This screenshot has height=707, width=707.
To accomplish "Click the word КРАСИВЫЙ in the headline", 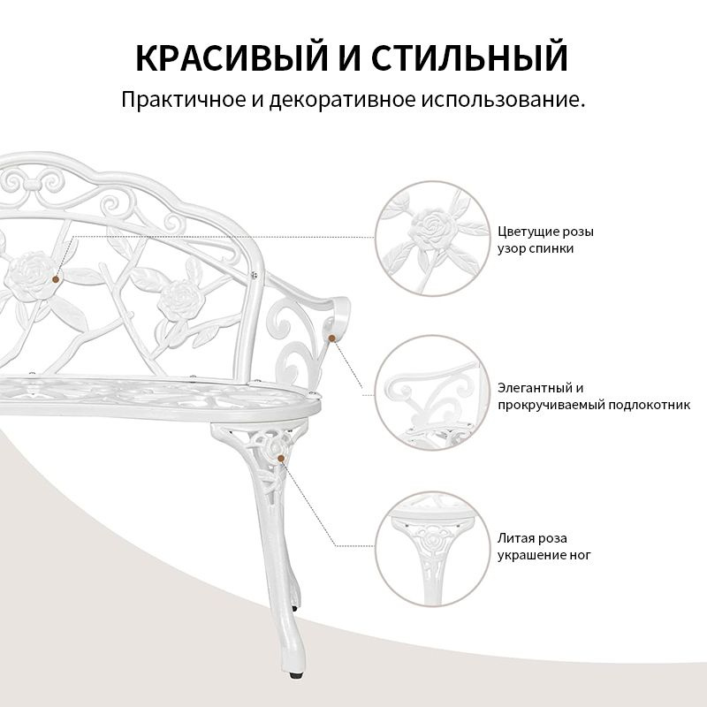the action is tap(232, 57).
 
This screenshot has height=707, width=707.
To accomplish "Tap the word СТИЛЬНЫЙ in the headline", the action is tap(469, 57).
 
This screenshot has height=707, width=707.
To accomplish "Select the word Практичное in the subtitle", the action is tap(183, 100).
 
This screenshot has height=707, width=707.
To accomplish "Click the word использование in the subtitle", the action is tap(503, 100).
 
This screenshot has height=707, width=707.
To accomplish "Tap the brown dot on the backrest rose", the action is tap(56, 279).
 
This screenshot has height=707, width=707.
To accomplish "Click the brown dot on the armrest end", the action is tap(332, 338).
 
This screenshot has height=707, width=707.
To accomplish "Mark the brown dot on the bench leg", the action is tap(281, 458).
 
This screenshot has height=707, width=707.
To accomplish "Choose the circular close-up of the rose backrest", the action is tap(432, 239).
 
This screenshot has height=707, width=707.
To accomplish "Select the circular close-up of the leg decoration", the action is tap(432, 548).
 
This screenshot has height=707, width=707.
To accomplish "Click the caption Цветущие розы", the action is tap(545, 232).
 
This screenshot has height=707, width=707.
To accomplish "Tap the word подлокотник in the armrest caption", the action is tap(650, 405).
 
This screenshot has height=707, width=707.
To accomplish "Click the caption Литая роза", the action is tap(533, 538).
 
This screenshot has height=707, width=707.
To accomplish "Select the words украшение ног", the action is tap(544, 556).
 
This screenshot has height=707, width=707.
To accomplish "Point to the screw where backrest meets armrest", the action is tap(255, 275).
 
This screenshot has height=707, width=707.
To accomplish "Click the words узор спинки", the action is tap(536, 249).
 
